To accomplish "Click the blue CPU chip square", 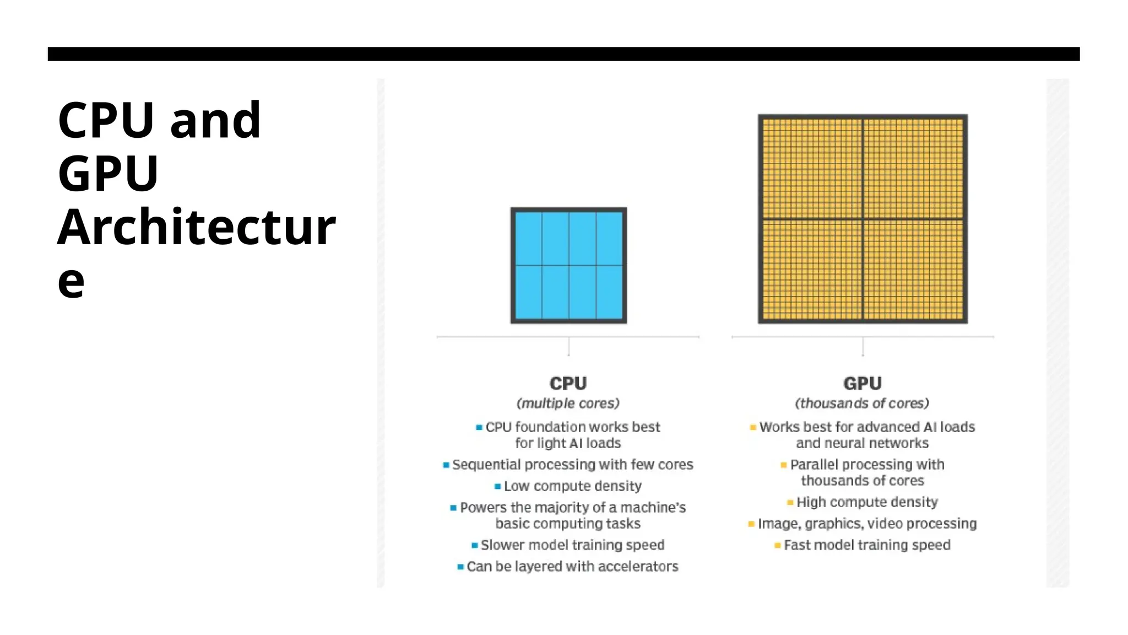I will [x=568, y=265].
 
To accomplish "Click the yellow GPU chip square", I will [x=863, y=219].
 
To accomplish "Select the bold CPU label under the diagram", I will [x=568, y=383].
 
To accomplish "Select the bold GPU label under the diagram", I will [x=863, y=383].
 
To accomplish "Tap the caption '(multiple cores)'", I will [x=568, y=403].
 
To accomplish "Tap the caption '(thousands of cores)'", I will [x=862, y=403].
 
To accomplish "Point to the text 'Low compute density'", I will [x=573, y=486].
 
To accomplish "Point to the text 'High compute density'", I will [x=867, y=502].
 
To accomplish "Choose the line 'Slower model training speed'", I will [x=572, y=545].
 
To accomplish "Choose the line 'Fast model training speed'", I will [x=867, y=545].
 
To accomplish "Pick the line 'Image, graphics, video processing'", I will [x=867, y=524].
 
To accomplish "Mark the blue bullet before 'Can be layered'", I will [x=460, y=567].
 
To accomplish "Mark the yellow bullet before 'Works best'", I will [x=753, y=427].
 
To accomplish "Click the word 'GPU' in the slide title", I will [x=109, y=173].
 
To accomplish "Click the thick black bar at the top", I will [x=563, y=54].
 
